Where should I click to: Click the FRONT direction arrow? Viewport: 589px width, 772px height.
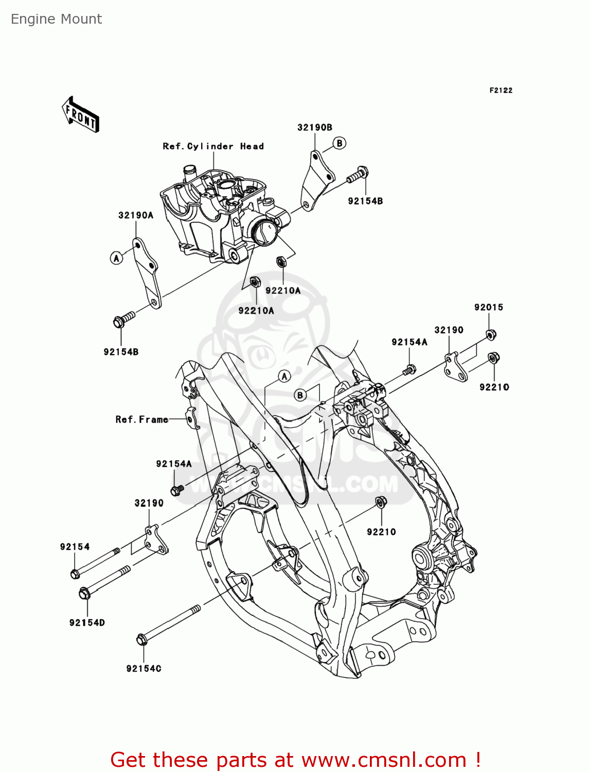point(81,114)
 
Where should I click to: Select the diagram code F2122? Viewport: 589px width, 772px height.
point(501,90)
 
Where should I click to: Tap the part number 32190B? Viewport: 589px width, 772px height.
point(315,128)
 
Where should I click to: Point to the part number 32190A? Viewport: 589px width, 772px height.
point(136,215)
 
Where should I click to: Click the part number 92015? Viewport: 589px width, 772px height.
point(489,307)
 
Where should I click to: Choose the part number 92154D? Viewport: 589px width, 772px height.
point(87,623)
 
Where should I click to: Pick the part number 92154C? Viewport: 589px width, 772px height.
point(144,669)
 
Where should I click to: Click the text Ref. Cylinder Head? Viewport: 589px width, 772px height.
point(213,146)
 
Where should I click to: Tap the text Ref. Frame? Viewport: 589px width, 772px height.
point(141,419)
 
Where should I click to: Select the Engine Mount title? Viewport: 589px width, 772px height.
point(57,19)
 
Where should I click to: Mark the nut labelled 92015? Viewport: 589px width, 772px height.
point(491,335)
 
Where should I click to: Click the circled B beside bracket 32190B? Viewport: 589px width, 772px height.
point(340,143)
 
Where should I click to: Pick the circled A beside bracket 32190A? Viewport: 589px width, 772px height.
point(117,258)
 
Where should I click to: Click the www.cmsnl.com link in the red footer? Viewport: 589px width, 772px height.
point(383,760)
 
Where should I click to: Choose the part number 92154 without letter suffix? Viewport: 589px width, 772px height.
point(75,547)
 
